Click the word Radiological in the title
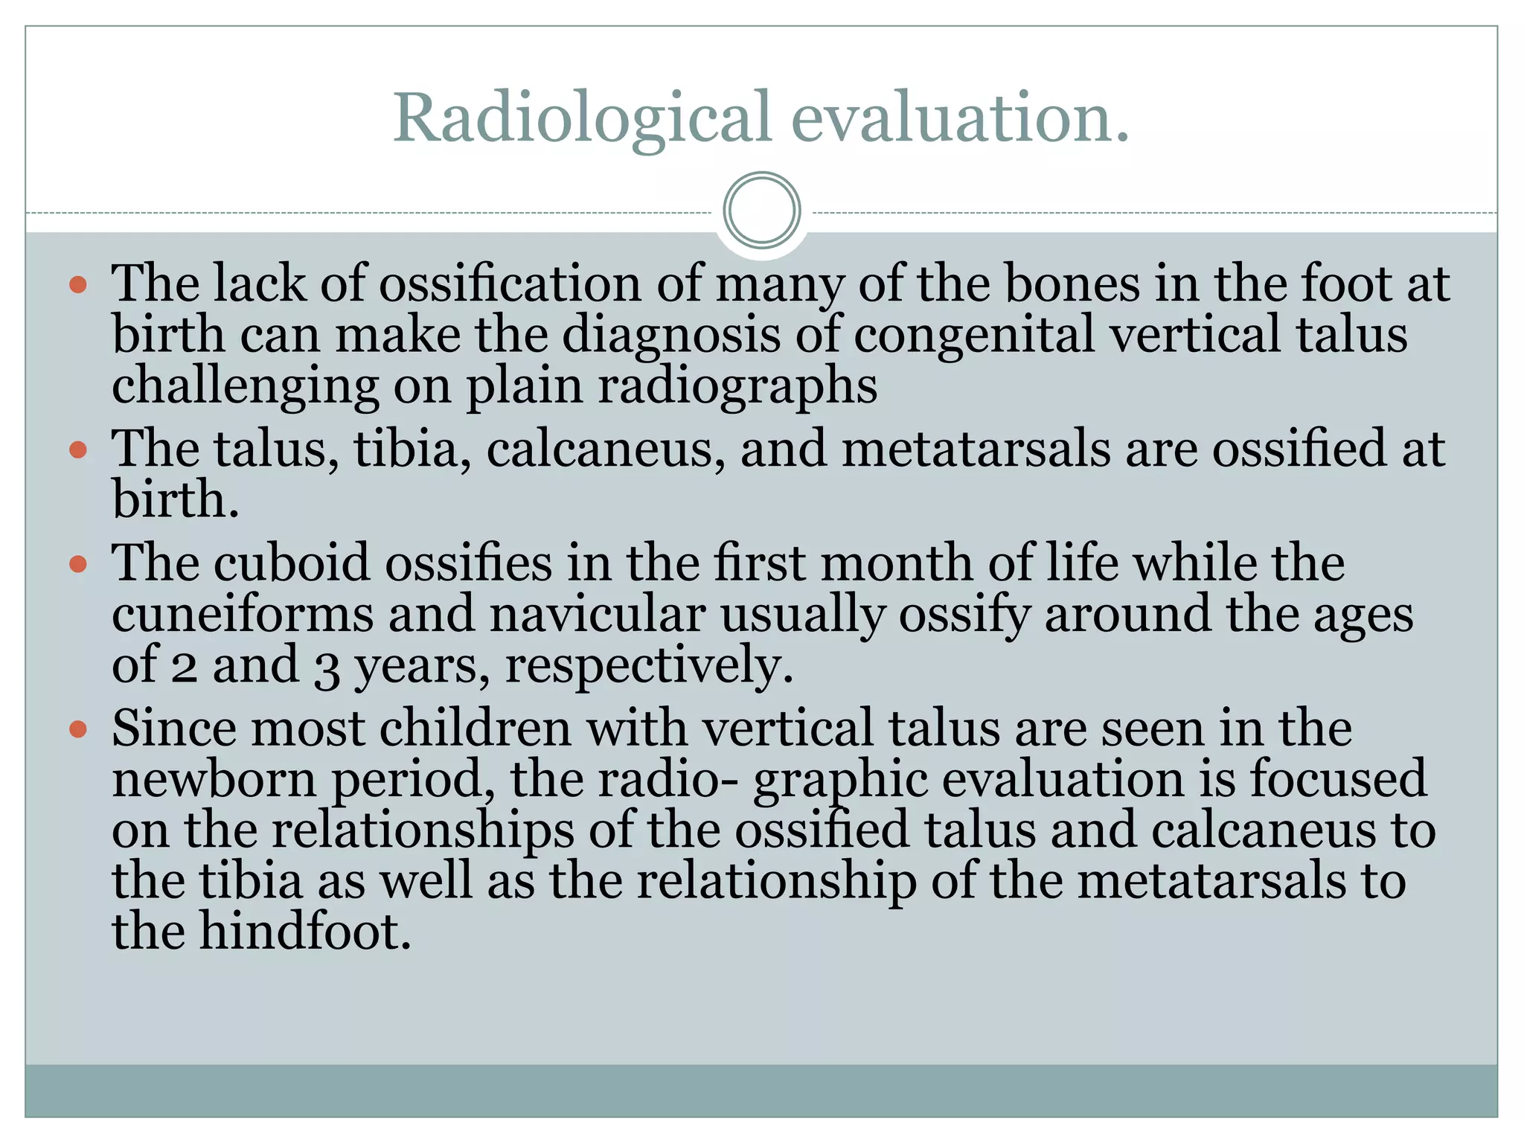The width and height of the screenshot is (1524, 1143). tap(581, 119)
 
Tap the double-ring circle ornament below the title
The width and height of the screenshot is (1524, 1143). tap(761, 211)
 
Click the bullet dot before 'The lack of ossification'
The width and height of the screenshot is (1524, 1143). tap(78, 285)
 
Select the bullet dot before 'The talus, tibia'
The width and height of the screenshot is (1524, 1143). tap(78, 449)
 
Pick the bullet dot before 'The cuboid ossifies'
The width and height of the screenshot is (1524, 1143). tap(78, 564)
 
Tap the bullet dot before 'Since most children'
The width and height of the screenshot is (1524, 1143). tap(78, 729)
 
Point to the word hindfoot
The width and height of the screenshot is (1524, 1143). tap(304, 932)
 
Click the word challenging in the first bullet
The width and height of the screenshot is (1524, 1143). tap(245, 387)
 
